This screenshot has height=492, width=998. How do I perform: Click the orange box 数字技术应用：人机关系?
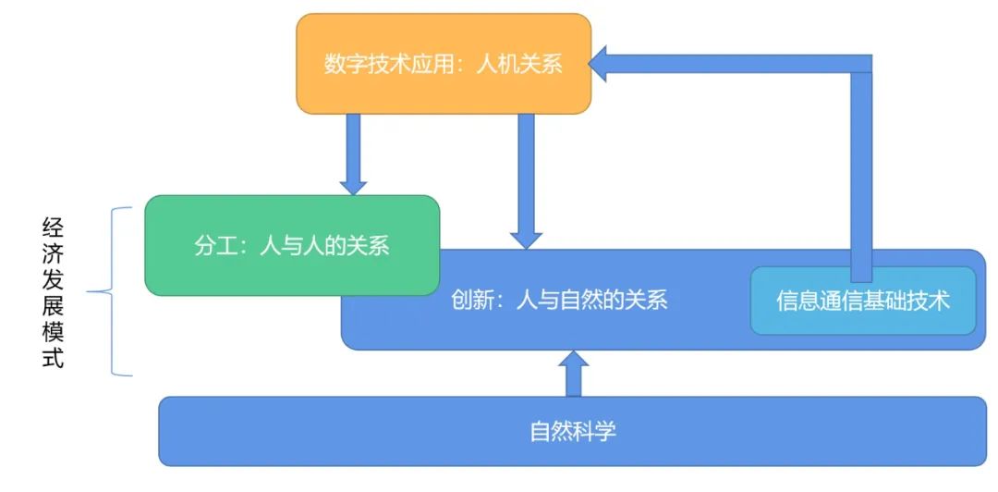[x=443, y=64]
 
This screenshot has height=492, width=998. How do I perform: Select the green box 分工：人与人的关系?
[x=292, y=245]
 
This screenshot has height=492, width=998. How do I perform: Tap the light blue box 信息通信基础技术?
[x=863, y=301]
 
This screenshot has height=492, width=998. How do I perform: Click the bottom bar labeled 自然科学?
[x=573, y=431]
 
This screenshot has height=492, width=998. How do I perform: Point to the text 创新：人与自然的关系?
[x=559, y=300]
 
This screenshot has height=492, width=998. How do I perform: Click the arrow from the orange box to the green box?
[x=354, y=153]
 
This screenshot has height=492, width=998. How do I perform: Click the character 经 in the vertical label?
[x=53, y=227]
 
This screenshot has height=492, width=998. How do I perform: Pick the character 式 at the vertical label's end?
[x=53, y=359]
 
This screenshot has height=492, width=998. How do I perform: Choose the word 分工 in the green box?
[x=213, y=246]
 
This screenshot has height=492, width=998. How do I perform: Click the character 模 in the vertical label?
[x=53, y=332]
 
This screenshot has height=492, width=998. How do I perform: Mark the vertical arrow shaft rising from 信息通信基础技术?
[x=861, y=176]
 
